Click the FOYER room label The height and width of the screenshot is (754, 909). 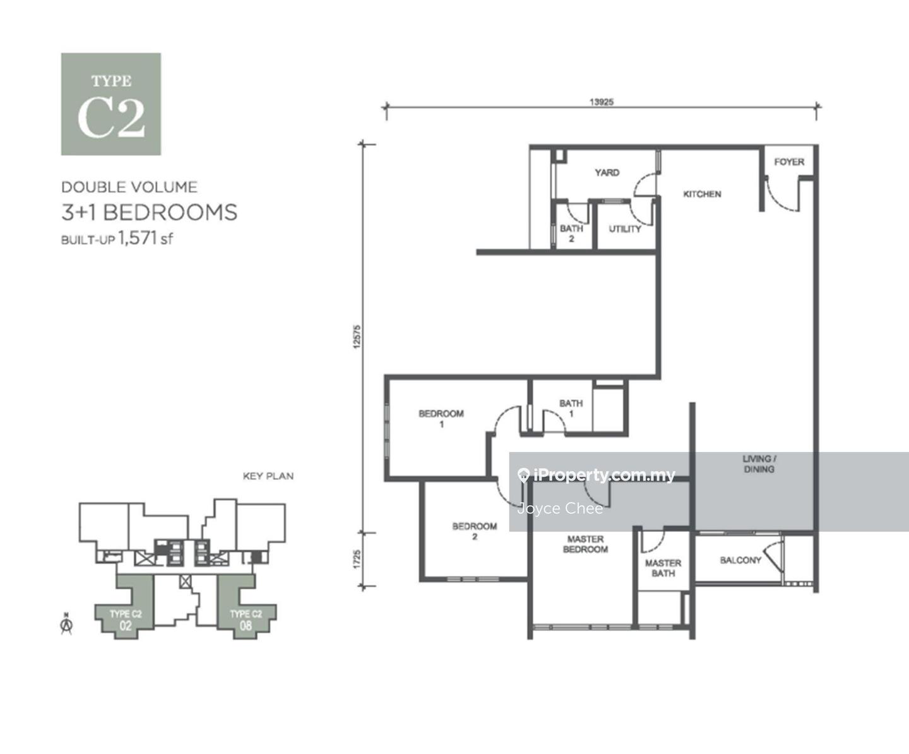(789, 162)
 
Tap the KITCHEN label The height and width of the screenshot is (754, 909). (702, 194)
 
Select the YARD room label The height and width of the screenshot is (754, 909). (607, 172)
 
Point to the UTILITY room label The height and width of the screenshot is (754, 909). (625, 229)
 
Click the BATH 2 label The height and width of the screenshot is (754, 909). (571, 233)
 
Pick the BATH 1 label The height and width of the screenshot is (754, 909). (571, 408)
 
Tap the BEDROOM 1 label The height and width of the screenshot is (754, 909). (441, 419)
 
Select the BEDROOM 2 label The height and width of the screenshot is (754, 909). (475, 532)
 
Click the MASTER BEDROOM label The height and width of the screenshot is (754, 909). (585, 544)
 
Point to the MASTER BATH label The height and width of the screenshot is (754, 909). (663, 568)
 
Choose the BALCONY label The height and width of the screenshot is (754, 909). (740, 560)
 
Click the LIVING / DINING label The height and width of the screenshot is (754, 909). (759, 464)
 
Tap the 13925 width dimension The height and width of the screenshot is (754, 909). (601, 102)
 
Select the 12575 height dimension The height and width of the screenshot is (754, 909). (357, 337)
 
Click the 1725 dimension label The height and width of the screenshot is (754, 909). (357, 560)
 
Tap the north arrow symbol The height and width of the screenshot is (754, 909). (66, 626)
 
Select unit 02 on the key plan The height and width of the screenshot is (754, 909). (126, 626)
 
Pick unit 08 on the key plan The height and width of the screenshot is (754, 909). (246, 626)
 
